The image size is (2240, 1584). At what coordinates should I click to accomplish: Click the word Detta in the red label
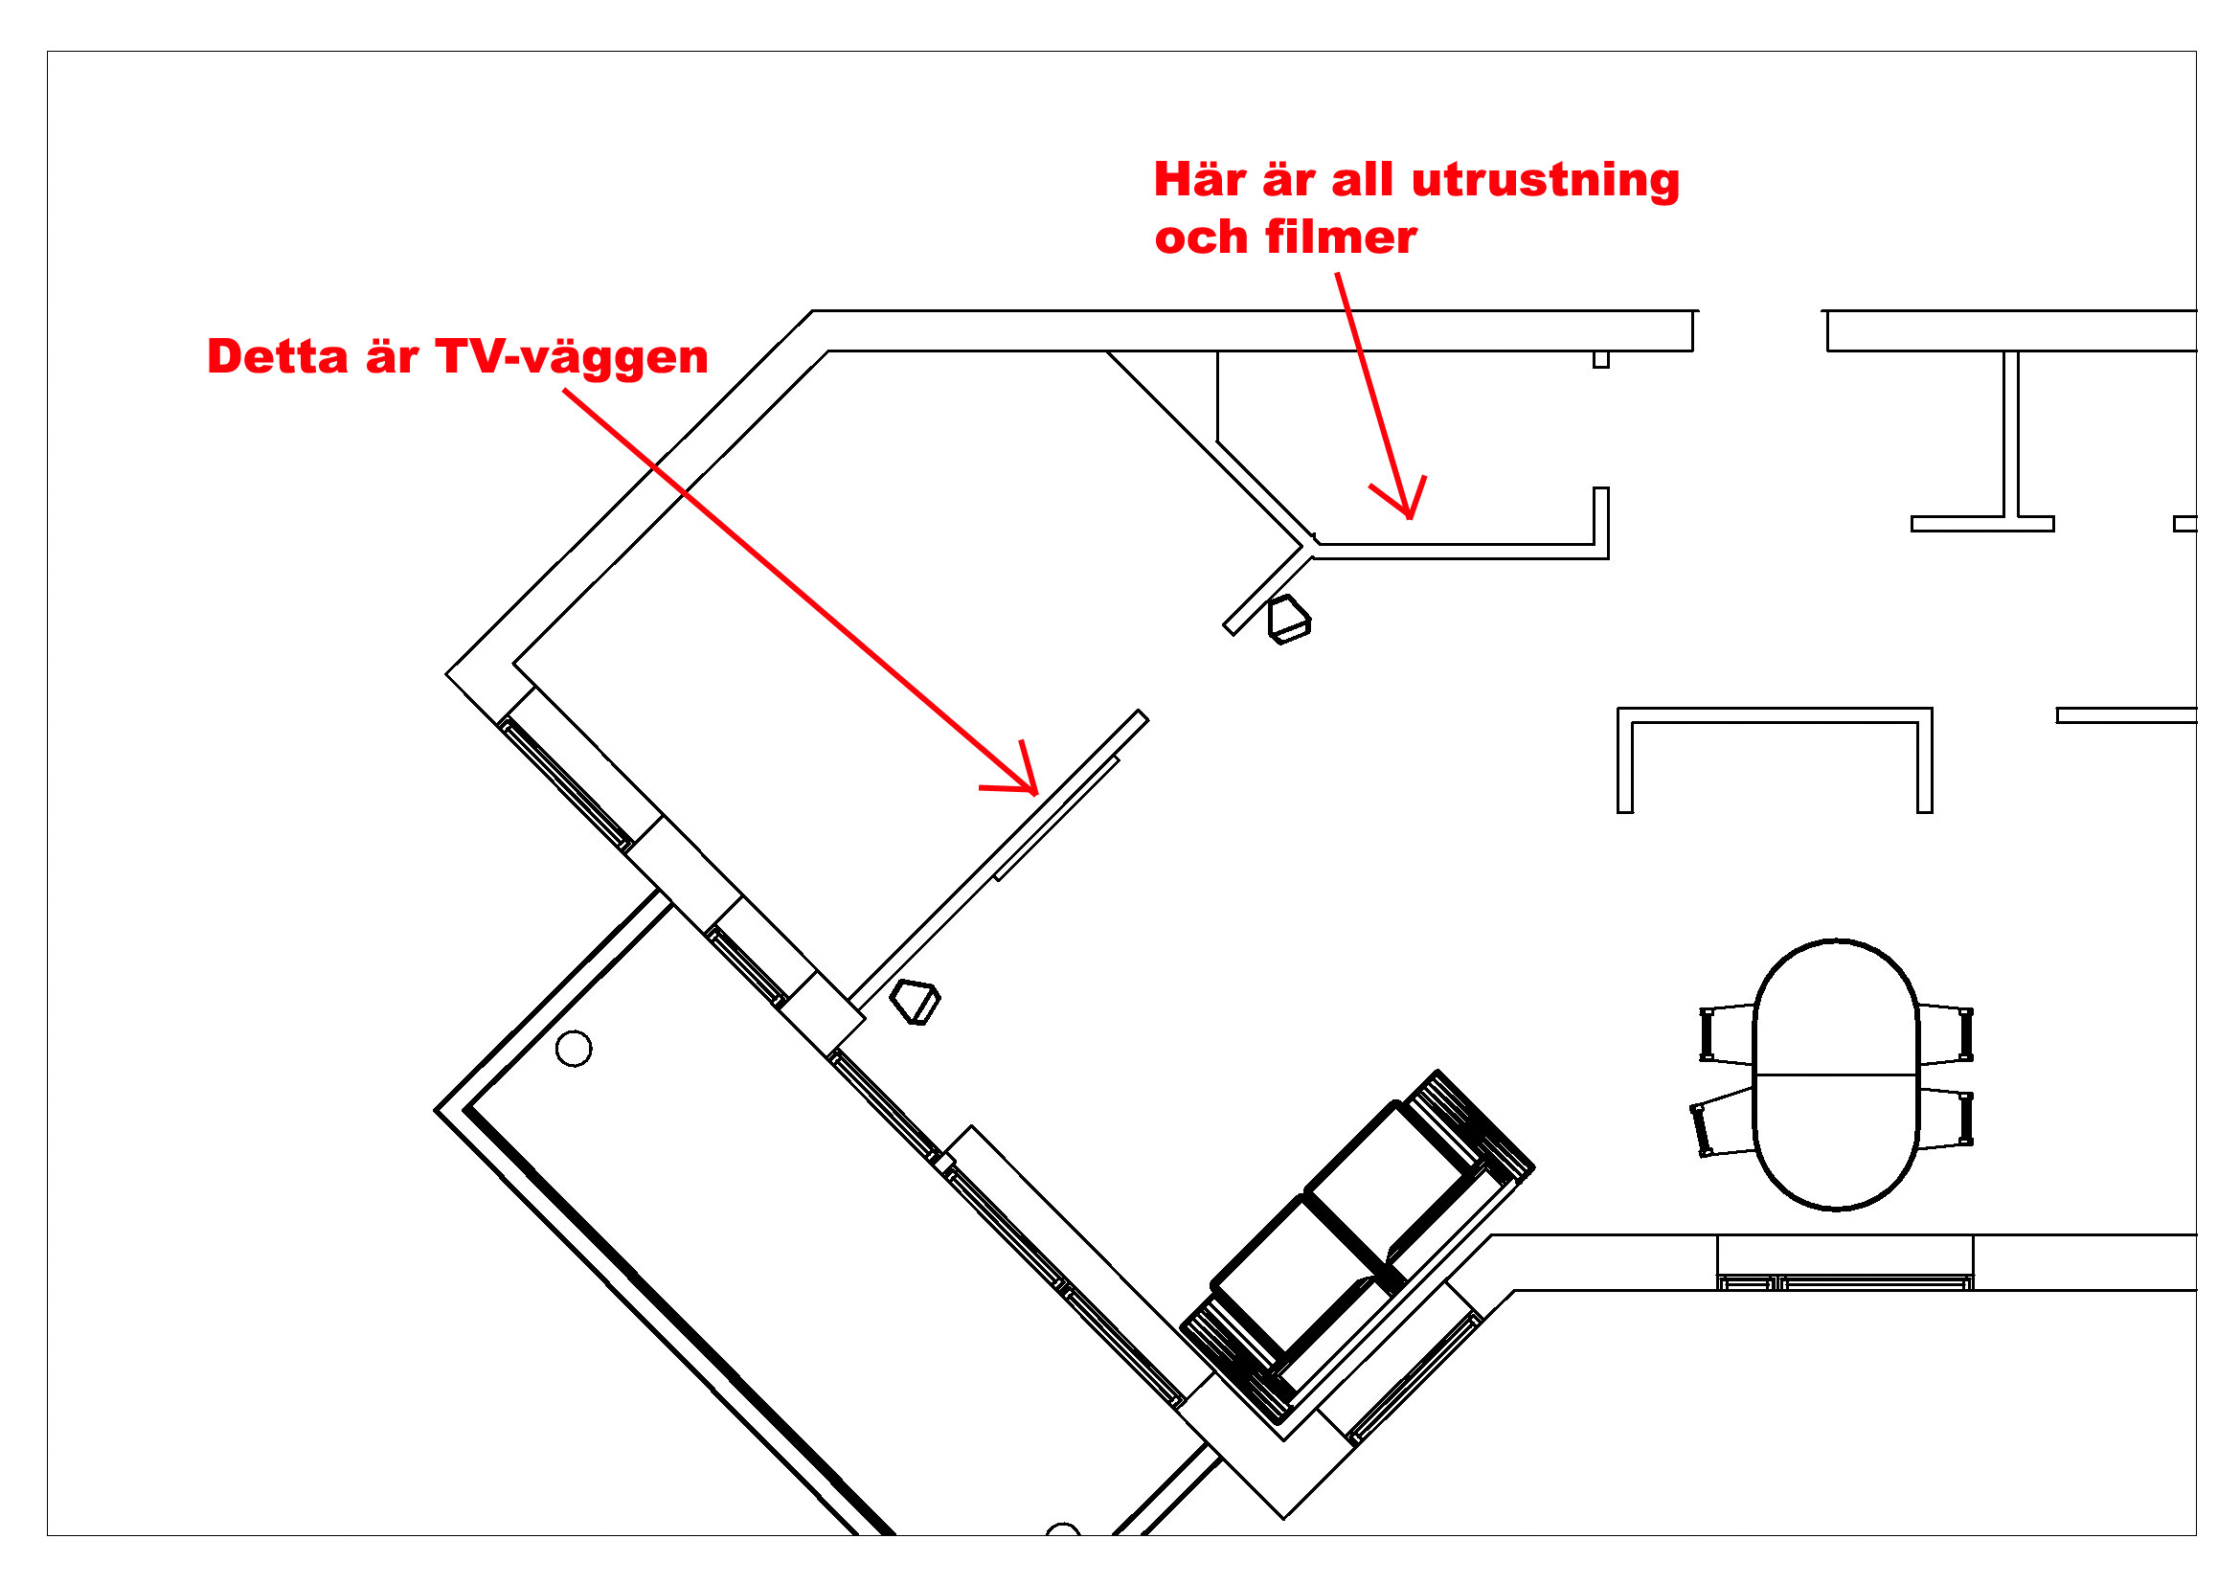(277, 356)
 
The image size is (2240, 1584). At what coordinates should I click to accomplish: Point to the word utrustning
(1546, 182)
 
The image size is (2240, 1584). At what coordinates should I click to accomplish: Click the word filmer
(1341, 237)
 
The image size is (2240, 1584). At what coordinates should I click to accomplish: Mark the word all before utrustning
(1364, 179)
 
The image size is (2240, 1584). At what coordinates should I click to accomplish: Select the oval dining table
(1836, 1075)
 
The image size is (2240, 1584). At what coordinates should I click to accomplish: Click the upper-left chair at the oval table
(1727, 1034)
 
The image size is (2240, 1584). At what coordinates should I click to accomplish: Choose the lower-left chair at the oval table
(1723, 1122)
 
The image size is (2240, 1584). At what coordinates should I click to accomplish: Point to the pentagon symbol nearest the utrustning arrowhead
(1288, 621)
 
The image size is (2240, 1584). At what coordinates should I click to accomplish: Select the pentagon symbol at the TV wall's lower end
(916, 1003)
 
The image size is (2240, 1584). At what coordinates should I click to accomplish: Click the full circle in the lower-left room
(574, 1049)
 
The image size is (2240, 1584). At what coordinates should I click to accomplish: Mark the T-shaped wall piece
(1982, 439)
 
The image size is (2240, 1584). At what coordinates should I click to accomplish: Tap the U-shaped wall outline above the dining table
(1775, 715)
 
